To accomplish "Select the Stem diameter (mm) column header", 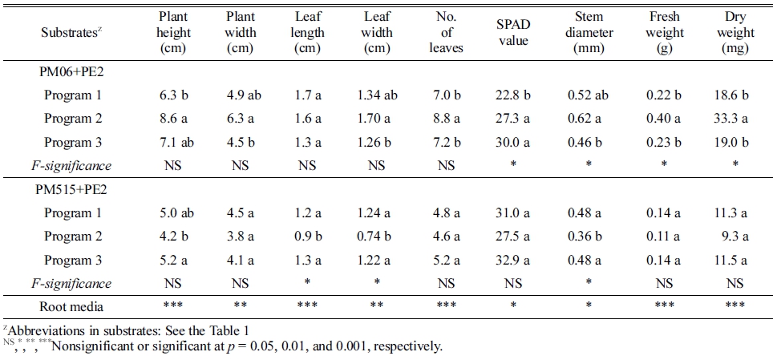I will tap(594, 33).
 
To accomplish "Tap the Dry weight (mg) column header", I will tap(736, 33).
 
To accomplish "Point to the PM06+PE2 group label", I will tap(72, 71).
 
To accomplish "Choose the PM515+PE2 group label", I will tap(75, 190).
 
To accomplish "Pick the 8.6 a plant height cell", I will tap(174, 119).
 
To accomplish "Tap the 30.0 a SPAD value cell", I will tap(513, 143).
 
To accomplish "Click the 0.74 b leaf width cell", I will tap(377, 237).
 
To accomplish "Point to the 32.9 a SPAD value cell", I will tap(513, 261).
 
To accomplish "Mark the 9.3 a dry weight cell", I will tap(732, 237).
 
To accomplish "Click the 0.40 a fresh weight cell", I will tap(664, 119).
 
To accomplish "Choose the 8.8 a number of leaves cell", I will tap(447, 119).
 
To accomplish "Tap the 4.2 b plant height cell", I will tap(174, 237).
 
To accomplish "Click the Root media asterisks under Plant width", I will tap(240, 305).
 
